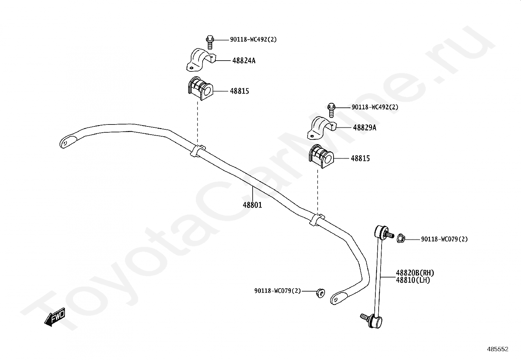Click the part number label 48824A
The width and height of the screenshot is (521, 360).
pyautogui.click(x=244, y=61)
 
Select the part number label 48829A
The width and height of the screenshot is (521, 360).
pyautogui.click(x=365, y=128)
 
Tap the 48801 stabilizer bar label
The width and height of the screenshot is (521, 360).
pyautogui.click(x=252, y=205)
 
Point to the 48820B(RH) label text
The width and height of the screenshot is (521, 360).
pyautogui.click(x=415, y=273)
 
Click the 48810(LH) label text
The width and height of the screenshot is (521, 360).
pyautogui.click(x=413, y=280)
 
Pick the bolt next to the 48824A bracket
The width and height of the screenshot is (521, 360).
pyautogui.click(x=209, y=42)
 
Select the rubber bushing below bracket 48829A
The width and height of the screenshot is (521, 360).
pyautogui.click(x=320, y=156)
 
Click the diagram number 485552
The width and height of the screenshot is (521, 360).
pyautogui.click(x=497, y=349)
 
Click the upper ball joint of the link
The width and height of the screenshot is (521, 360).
pyautogui.click(x=380, y=232)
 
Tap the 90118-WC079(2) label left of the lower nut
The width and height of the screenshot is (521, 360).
pyautogui.click(x=277, y=291)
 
